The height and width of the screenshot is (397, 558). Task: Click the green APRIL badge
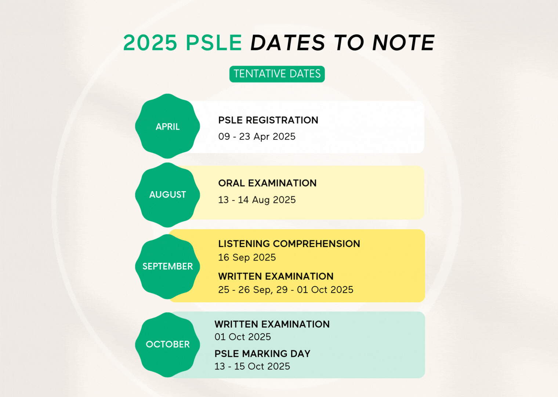coord(167,126)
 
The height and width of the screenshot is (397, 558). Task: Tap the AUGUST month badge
coord(167,195)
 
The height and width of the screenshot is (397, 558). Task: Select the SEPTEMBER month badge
coord(167,267)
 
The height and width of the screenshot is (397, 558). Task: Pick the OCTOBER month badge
coord(167,344)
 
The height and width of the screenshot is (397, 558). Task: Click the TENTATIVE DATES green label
coord(277,74)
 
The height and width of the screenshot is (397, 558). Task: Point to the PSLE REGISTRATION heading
coord(268,120)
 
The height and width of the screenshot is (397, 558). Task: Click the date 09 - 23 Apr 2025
coord(257,137)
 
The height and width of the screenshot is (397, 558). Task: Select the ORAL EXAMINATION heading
coord(267,183)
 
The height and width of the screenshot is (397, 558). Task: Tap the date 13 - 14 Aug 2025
coord(257,200)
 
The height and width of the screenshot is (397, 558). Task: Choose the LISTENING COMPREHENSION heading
coord(289,244)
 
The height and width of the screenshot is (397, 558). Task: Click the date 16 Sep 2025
coord(247,257)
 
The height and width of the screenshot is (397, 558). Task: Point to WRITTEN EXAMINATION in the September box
coord(276,276)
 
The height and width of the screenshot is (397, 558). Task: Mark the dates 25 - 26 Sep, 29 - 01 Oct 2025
coord(286,290)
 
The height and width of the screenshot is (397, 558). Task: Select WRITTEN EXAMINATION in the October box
coord(272,324)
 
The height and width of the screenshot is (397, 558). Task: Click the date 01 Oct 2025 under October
coord(243,337)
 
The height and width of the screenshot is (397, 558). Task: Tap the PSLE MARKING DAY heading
coord(262,354)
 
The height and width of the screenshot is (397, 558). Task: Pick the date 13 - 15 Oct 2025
coord(252,366)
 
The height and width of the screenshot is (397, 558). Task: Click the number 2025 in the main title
coord(150,43)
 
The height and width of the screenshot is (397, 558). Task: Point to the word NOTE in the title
coord(403,43)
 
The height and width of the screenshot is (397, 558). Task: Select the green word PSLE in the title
coord(214,43)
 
